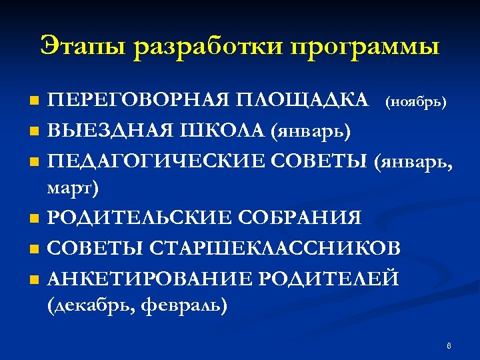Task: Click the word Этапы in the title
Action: point(84,47)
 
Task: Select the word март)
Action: point(73,189)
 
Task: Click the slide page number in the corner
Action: point(449,345)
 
